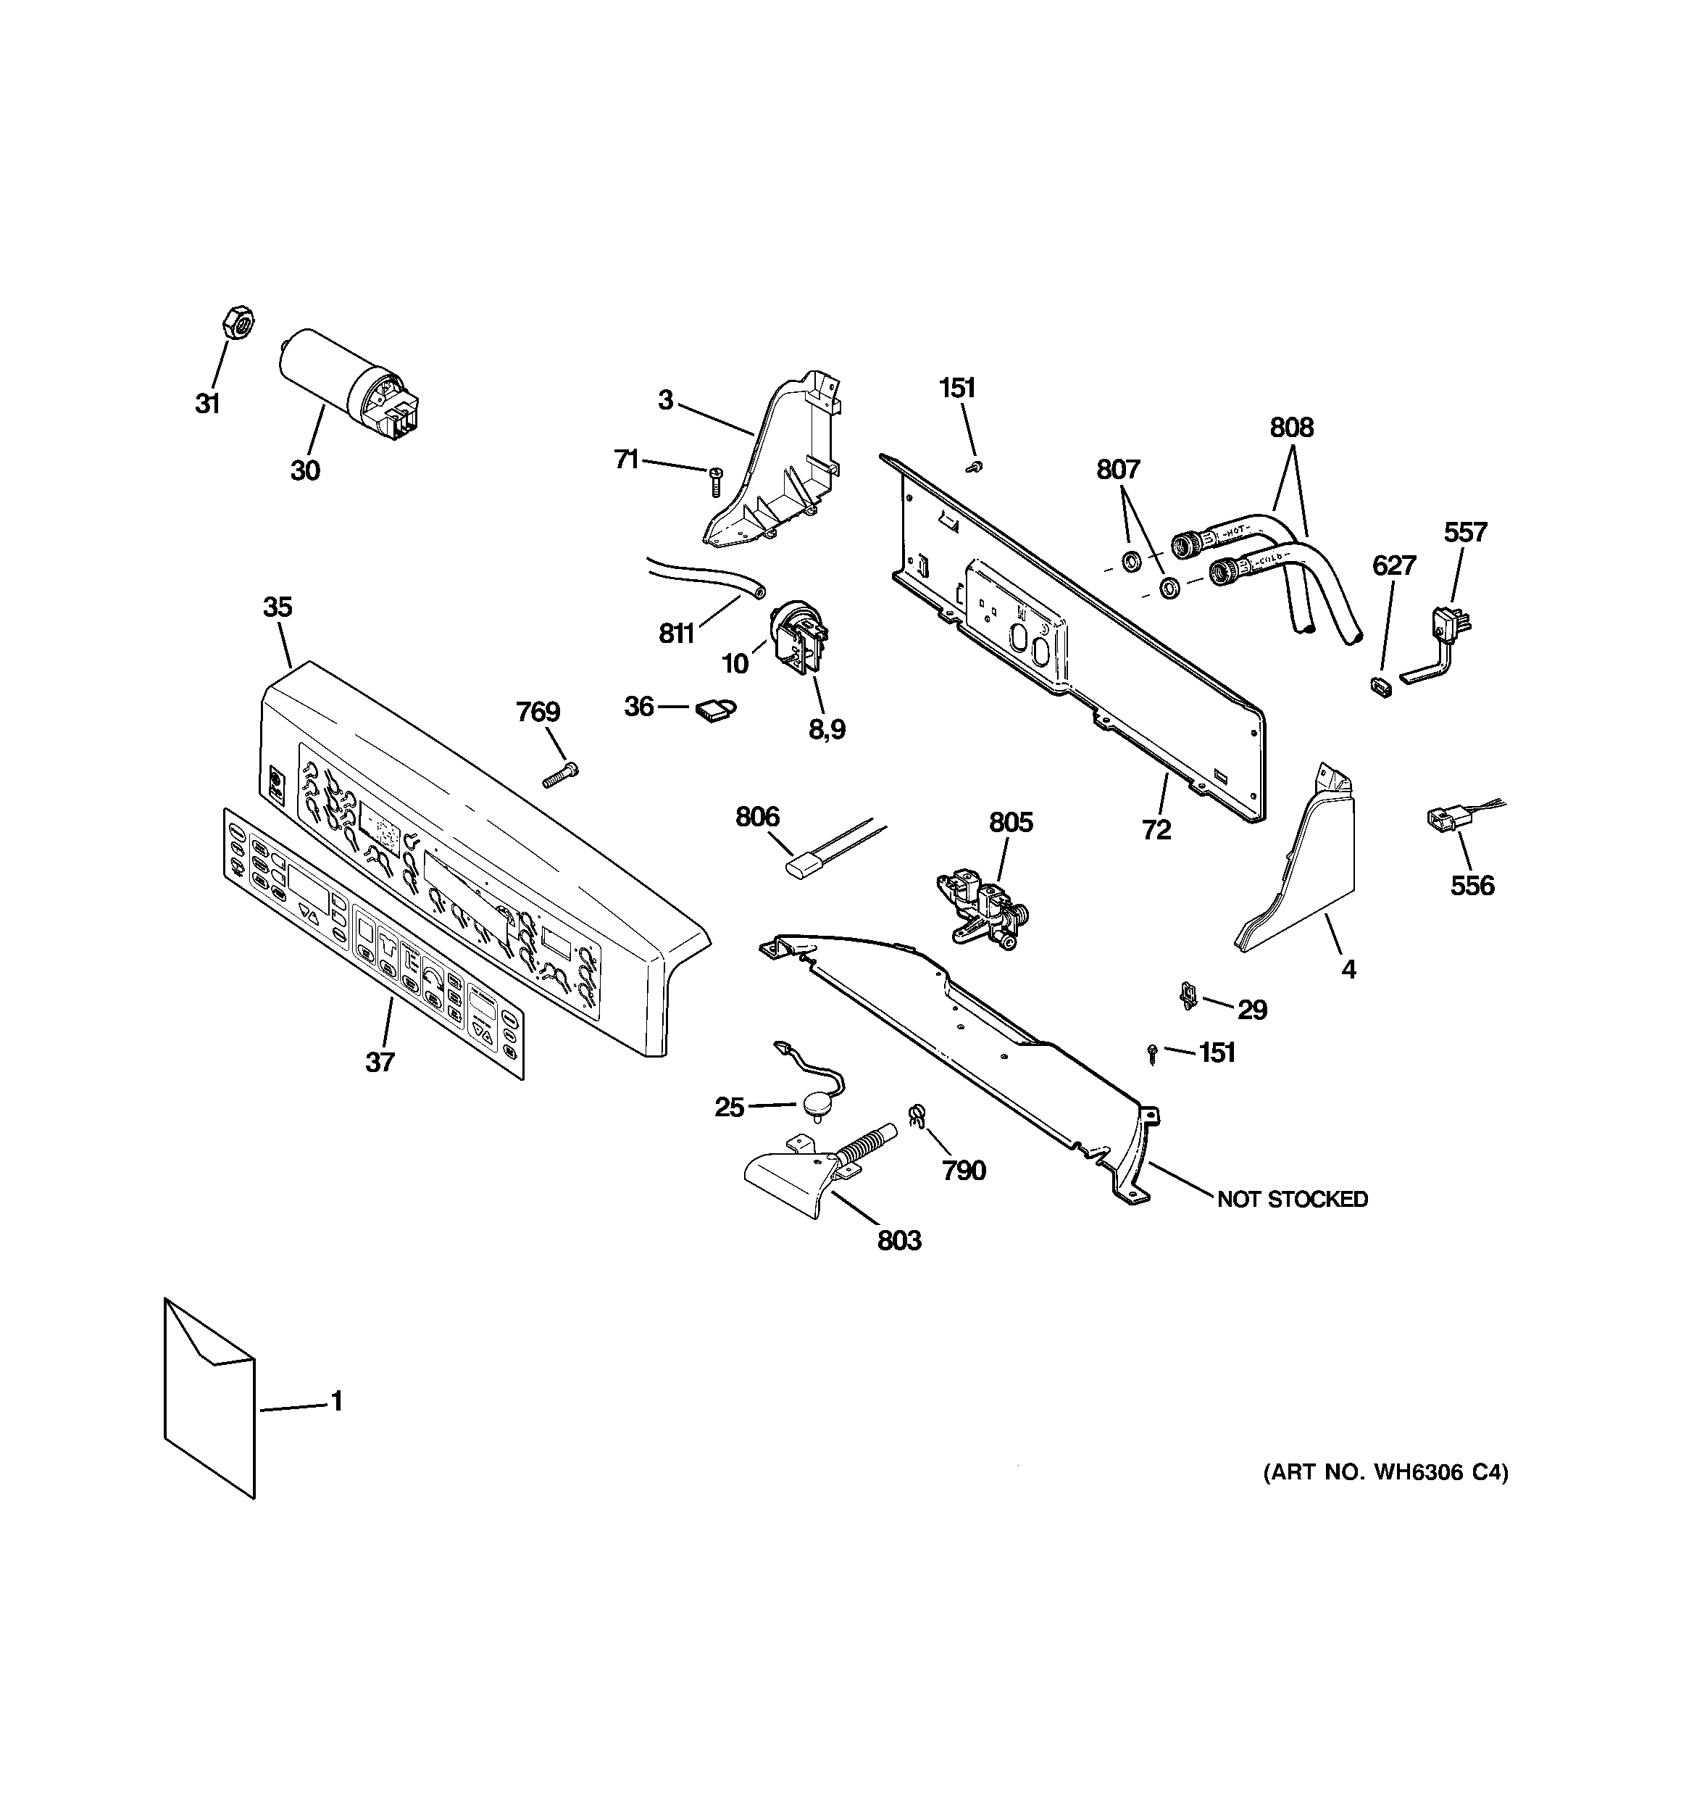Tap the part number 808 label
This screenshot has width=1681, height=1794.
pos(1291,428)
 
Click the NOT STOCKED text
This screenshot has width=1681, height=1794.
pos(1292,1200)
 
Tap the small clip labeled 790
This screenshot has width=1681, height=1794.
pos(917,1116)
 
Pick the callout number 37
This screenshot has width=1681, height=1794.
pos(380,1062)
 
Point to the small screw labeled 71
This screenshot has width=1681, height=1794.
pos(717,481)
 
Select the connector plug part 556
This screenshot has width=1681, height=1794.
pos(1441,818)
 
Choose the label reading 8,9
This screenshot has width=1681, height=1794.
pos(827,729)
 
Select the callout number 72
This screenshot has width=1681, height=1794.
pos(1156,829)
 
